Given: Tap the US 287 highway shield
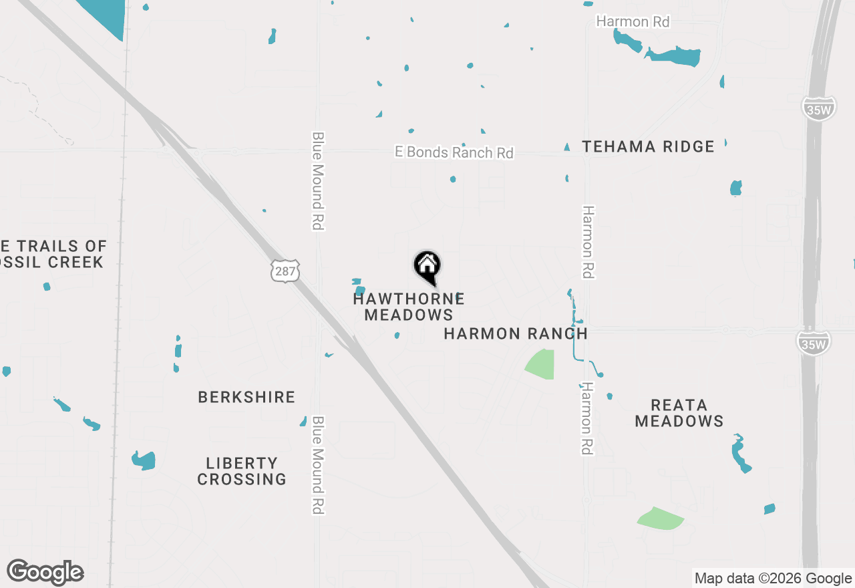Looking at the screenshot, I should (x=285, y=271).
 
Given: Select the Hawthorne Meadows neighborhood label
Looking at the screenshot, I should (x=409, y=307).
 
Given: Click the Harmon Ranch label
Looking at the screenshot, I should (x=516, y=333).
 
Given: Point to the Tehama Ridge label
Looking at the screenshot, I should (x=648, y=146).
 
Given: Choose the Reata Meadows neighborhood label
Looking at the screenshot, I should (x=679, y=413).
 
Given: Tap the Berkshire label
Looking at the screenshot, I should (x=246, y=397).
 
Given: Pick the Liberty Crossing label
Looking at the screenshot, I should (x=242, y=471).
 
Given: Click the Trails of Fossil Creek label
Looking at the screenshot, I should (x=53, y=254).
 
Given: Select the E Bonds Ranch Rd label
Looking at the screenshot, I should (x=454, y=152).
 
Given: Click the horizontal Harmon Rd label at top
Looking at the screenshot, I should (x=633, y=21).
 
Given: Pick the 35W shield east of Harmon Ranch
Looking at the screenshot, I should (x=813, y=342).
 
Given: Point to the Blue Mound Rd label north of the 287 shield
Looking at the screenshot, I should (x=318, y=180).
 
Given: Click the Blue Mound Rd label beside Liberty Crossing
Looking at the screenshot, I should (x=318, y=465).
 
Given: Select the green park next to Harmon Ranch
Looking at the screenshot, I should (x=542, y=364).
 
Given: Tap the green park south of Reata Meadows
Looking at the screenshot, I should (x=661, y=518).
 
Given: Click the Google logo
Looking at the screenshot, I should (x=45, y=573).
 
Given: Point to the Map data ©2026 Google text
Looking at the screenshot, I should (x=773, y=579).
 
